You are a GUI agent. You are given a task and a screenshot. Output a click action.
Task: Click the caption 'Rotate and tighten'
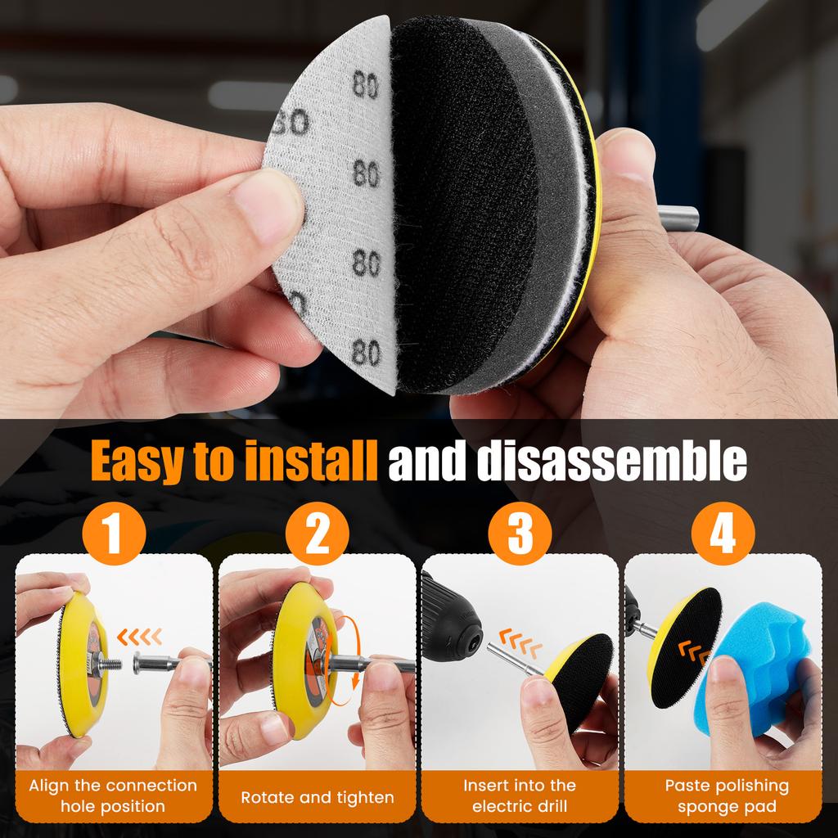pyautogui.click(x=318, y=796)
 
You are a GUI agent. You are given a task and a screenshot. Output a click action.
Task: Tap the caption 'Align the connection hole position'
pyautogui.click(x=114, y=795)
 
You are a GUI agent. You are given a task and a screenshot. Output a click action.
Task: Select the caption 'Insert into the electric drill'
pyautogui.click(x=520, y=795)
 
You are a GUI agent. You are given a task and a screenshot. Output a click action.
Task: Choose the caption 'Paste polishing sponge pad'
pyautogui.click(x=723, y=795)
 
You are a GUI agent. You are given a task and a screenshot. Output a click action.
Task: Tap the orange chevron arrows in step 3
pyautogui.click(x=521, y=637)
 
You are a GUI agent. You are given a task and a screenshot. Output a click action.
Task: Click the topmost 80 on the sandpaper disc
pyautogui.click(x=366, y=84)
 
